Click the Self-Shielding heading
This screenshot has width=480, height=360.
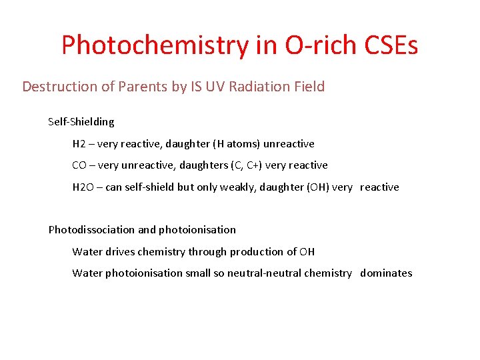(x=81, y=122)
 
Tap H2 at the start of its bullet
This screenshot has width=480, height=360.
(x=79, y=144)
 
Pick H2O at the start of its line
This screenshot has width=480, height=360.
(x=83, y=187)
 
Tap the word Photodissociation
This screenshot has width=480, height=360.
(x=91, y=230)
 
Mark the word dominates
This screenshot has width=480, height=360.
(x=386, y=273)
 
